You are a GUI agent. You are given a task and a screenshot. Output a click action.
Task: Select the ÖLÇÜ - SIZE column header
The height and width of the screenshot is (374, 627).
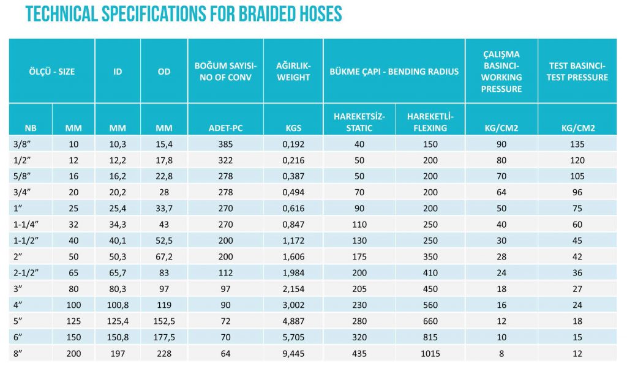pos(52,72)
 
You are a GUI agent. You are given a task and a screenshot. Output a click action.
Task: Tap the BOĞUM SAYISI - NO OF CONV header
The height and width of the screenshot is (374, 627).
pos(225,72)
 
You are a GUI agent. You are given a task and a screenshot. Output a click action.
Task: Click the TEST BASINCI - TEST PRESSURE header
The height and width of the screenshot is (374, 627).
pos(577,72)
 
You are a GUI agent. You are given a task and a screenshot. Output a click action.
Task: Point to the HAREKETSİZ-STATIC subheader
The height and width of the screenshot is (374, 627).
pos(359,122)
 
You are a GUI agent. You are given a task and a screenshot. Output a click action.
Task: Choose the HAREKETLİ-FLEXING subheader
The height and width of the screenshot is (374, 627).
pos(430,122)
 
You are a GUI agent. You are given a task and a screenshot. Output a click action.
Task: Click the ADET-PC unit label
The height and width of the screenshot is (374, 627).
pos(225,129)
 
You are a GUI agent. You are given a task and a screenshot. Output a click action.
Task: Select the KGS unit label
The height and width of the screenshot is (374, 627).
pos(293,129)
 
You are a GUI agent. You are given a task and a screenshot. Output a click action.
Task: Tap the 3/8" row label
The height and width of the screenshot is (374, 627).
pos(22,144)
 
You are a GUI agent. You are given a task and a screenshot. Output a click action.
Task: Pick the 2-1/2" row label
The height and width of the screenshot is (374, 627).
pos(26,273)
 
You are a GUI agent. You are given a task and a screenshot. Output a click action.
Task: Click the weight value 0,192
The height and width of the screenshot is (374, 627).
pos(293,144)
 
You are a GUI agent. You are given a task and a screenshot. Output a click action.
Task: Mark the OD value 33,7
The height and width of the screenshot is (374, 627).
pos(164,209)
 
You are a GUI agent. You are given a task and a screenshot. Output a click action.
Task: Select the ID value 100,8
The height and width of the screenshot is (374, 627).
pos(118,305)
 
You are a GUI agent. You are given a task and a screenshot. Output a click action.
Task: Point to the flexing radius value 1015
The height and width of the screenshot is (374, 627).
pos(430,354)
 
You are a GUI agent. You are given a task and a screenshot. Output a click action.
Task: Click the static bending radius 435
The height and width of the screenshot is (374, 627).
pos(359,354)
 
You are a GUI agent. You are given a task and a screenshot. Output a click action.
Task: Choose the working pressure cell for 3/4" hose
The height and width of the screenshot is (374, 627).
pos(501,193)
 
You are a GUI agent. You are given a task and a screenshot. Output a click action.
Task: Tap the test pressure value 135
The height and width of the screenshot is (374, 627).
pos(577,144)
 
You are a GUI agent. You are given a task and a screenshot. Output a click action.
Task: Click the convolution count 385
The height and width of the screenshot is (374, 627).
pos(225,144)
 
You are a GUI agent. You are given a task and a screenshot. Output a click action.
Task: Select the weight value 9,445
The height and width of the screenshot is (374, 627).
pos(293,354)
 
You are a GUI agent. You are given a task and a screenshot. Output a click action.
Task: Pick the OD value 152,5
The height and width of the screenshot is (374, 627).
pos(164,321)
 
